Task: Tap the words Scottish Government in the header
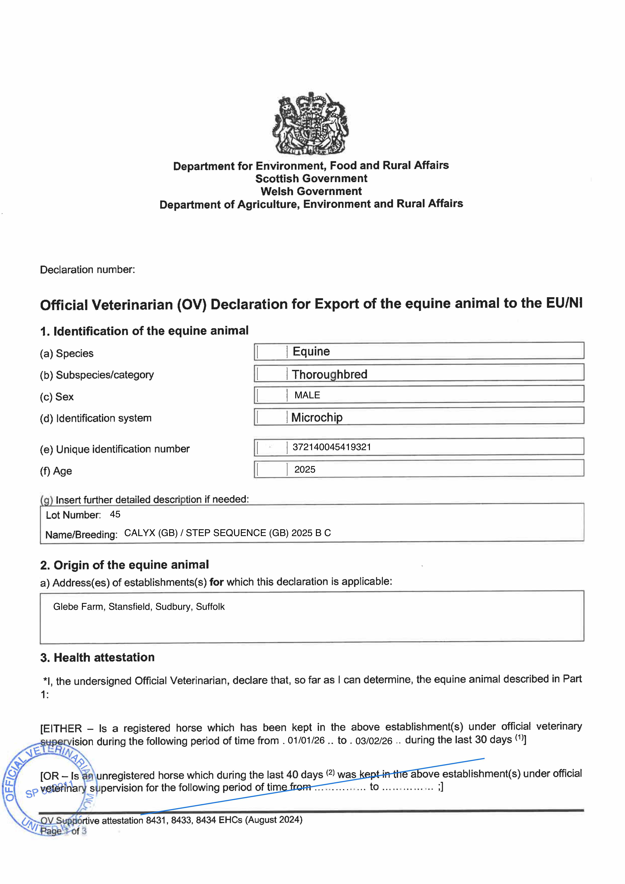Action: pos(311,179)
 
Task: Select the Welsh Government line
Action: pos(311,191)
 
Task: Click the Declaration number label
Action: pos(87,269)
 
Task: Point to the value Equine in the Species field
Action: pos(311,351)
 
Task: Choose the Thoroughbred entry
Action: pos(330,374)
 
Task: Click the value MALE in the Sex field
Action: pos(307,395)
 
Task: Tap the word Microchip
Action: pos(317,417)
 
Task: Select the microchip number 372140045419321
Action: pos(332,447)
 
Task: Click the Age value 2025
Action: pos(305,469)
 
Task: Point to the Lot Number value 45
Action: pos(115,514)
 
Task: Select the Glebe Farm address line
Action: pos(139,607)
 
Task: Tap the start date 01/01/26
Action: pos(306,741)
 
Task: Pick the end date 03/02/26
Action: pos(374,741)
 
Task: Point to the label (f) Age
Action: pos(56,471)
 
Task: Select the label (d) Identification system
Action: pos(95,418)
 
